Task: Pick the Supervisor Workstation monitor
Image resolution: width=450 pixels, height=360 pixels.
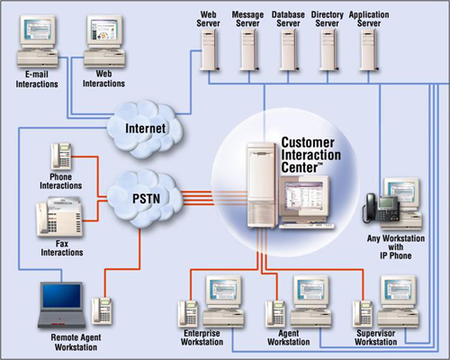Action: (395, 292)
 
